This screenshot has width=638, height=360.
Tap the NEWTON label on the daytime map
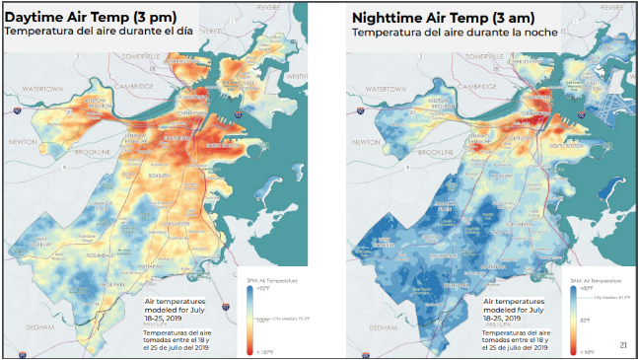pyautogui.click(x=22, y=141)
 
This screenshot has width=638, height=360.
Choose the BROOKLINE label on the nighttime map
pyautogui.click(x=435, y=153)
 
